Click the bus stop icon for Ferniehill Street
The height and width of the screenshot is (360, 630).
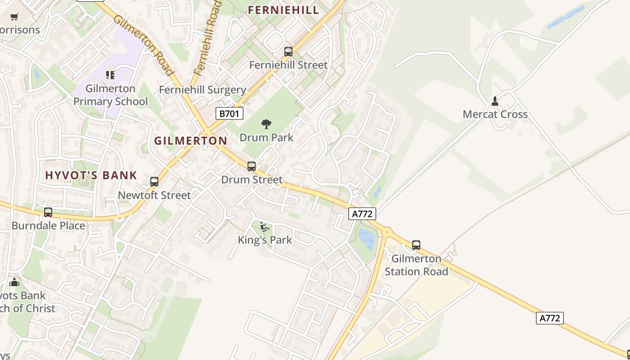click(x=288, y=52)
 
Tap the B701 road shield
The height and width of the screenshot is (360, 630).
click(x=229, y=113)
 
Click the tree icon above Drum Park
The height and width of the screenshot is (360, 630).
click(x=266, y=124)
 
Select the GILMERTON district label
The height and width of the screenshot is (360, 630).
click(x=191, y=141)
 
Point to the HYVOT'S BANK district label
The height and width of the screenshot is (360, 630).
click(x=91, y=175)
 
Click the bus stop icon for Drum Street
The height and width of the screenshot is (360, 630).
click(x=252, y=166)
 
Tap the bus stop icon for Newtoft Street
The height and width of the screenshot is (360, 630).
click(x=154, y=182)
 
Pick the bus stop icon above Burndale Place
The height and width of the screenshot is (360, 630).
click(x=48, y=212)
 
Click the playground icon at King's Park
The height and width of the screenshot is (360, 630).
click(x=265, y=227)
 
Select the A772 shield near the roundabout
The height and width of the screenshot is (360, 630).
click(x=362, y=214)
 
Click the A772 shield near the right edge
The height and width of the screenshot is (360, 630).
click(x=550, y=318)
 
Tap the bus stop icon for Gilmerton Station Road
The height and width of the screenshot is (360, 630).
click(x=416, y=245)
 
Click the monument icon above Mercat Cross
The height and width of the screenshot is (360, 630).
click(x=495, y=101)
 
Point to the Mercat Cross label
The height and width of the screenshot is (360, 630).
click(x=495, y=114)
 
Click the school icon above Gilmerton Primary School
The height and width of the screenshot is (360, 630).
click(x=110, y=75)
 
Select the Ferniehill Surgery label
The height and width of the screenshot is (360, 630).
click(x=202, y=90)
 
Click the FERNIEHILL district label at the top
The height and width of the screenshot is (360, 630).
click(x=283, y=10)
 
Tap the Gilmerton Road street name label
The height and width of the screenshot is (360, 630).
click(x=143, y=45)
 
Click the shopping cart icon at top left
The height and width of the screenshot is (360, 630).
click(x=14, y=17)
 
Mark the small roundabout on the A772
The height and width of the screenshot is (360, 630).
click(x=387, y=232)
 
